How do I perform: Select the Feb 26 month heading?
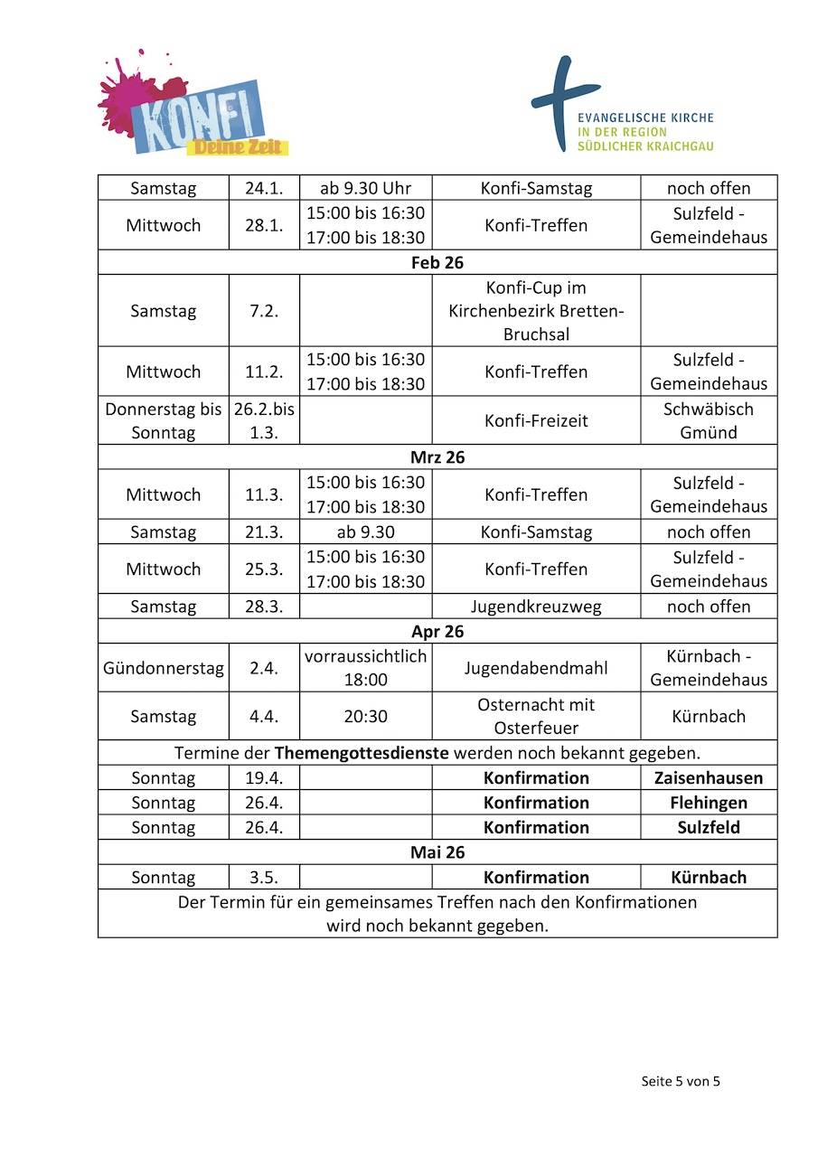pos(437,262)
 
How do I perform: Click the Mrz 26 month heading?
pos(437,457)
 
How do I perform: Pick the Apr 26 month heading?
pos(437,632)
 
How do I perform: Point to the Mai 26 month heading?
pos(437,852)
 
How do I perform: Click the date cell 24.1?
pos(264,188)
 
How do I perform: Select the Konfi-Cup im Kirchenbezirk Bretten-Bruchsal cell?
pos(536,311)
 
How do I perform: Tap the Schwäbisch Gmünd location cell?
pos(709,420)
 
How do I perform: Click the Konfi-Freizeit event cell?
pos(536,420)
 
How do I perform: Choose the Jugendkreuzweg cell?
pos(536,607)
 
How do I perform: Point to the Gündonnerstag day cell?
pos(164,669)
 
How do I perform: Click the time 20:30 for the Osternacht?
pos(365,717)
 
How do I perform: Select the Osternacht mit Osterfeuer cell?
pos(536,717)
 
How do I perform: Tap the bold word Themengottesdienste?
pos(362,752)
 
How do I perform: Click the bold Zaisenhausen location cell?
pos(709,778)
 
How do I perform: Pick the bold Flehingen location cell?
pos(709,803)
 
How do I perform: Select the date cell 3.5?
pos(264,878)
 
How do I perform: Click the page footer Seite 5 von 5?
pos(681,1081)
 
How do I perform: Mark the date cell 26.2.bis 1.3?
pos(264,420)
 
